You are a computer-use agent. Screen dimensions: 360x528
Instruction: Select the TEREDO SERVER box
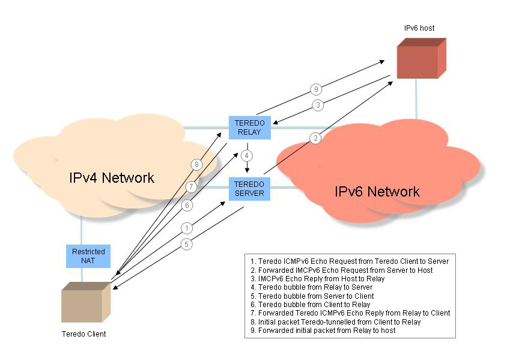249,189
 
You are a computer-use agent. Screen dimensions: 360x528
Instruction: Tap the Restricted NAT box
88,257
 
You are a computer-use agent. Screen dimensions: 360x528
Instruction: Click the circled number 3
319,105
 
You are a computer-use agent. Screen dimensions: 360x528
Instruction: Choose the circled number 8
195,165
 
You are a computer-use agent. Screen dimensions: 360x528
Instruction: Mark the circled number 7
191,186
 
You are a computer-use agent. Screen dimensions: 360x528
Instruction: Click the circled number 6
187,206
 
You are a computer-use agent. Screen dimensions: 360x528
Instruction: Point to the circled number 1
187,228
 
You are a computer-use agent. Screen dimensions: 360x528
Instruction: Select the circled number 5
187,245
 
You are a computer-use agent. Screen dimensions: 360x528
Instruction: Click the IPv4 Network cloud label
112,178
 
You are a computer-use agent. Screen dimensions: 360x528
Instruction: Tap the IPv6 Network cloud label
377,192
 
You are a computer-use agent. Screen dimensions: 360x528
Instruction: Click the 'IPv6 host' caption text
419,28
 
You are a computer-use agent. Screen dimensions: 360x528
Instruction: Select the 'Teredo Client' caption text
83,333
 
